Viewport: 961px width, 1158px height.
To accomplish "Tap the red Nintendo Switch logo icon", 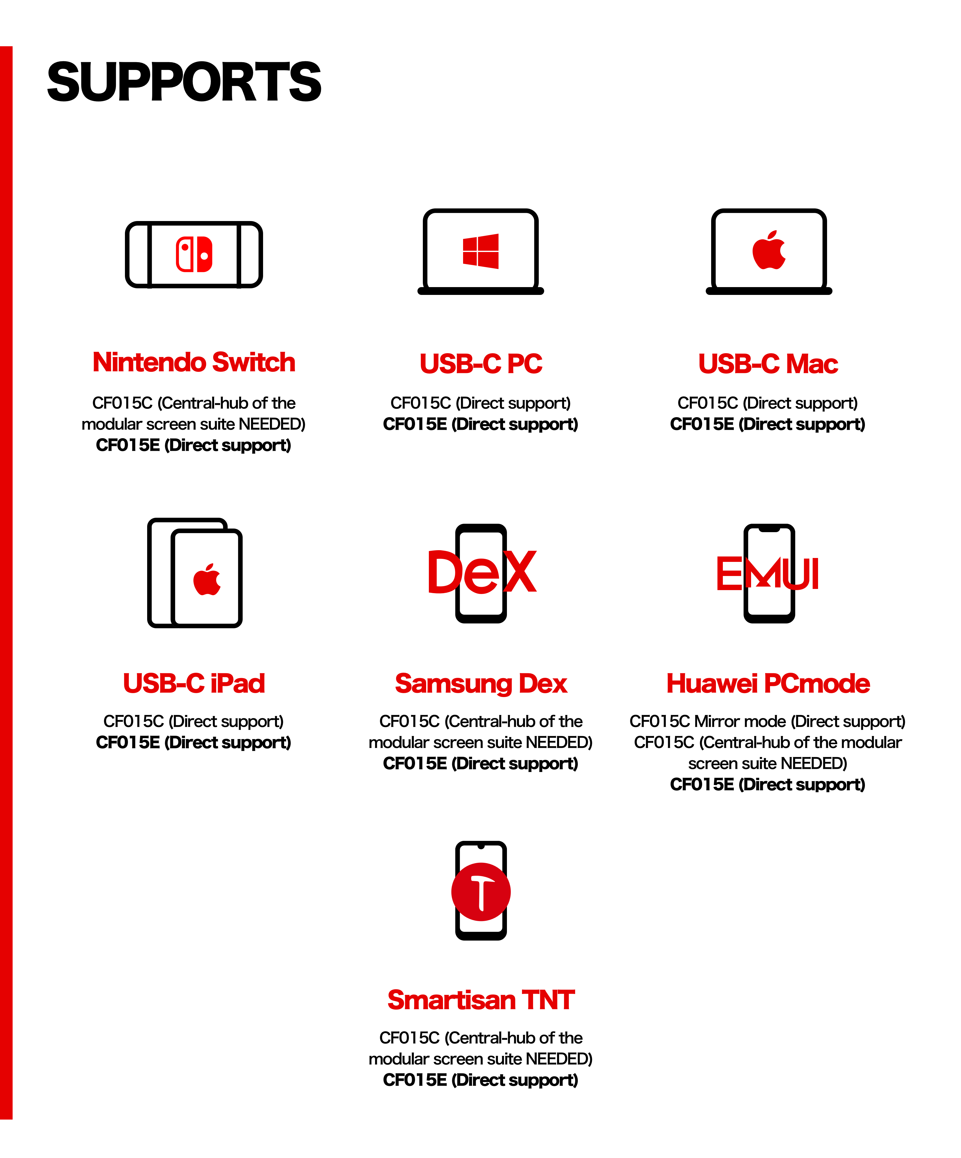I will (x=194, y=254).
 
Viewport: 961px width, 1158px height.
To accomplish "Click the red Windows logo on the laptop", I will (x=481, y=251).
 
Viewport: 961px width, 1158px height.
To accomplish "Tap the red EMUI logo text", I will (x=768, y=574).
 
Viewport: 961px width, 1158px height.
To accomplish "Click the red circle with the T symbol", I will (x=481, y=892).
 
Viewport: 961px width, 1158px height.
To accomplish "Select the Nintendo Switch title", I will (x=194, y=362).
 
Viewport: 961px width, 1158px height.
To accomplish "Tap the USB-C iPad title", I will (x=194, y=683).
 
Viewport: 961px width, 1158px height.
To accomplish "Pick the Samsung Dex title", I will (x=481, y=683).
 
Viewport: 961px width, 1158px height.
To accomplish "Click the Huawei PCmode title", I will (x=768, y=683).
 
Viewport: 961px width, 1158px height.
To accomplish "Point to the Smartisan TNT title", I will (x=481, y=1000).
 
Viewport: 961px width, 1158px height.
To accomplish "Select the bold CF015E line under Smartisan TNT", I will (x=481, y=1080).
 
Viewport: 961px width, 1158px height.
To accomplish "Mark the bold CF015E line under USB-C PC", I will (x=481, y=424).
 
